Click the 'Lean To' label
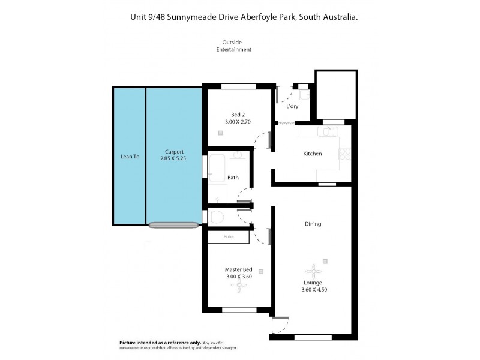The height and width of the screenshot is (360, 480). [x=130, y=157]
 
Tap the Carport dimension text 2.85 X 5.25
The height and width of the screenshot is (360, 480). [x=175, y=158]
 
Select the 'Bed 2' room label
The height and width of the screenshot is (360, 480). [x=238, y=115]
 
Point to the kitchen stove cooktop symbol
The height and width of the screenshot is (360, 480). [x=345, y=154]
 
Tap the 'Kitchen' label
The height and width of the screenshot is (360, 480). [x=312, y=154]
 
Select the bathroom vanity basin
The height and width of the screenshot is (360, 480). [x=238, y=155]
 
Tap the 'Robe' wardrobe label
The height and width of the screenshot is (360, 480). [x=228, y=236]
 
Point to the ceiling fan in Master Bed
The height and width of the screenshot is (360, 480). [x=238, y=287]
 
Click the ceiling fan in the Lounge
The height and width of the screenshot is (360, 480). [x=313, y=270]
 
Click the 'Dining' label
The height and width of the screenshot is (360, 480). [x=313, y=224]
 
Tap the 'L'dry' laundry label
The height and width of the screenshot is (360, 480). [x=292, y=106]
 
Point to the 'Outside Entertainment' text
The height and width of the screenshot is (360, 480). [x=233, y=46]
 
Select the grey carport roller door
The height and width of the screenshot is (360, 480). [x=173, y=225]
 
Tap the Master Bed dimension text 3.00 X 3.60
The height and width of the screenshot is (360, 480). [x=238, y=277]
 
